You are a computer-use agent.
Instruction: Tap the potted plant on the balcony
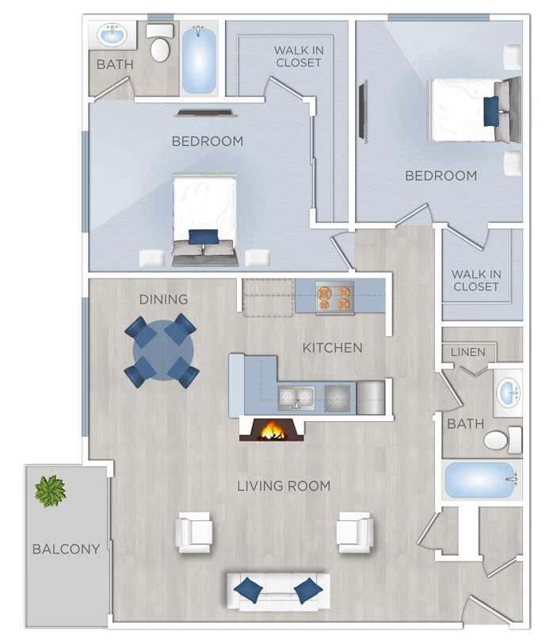[x=50, y=491]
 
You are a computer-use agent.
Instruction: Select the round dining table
[x=164, y=350]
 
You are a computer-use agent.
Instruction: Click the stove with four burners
[x=333, y=297]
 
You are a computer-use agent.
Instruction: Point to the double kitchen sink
[x=295, y=398]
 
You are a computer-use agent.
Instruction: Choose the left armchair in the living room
[x=194, y=532]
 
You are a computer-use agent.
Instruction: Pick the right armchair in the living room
[x=355, y=532]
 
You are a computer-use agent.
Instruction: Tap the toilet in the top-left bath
[x=160, y=45]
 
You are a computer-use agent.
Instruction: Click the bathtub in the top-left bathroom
[x=200, y=59]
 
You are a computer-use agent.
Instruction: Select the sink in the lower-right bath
[x=508, y=392]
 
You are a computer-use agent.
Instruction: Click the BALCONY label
[x=66, y=549]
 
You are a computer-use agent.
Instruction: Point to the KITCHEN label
[x=332, y=347]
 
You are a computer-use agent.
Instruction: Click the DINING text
[x=163, y=299]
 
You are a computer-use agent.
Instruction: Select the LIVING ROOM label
[x=284, y=485]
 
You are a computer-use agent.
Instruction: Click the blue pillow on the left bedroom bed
[x=204, y=237]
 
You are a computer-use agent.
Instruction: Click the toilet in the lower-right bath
[x=501, y=439]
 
